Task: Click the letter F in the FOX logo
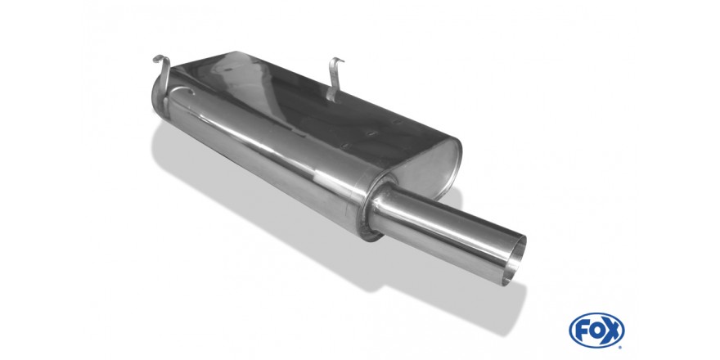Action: [582, 331]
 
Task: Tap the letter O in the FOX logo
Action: [597, 331]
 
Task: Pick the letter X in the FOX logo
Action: [612, 331]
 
